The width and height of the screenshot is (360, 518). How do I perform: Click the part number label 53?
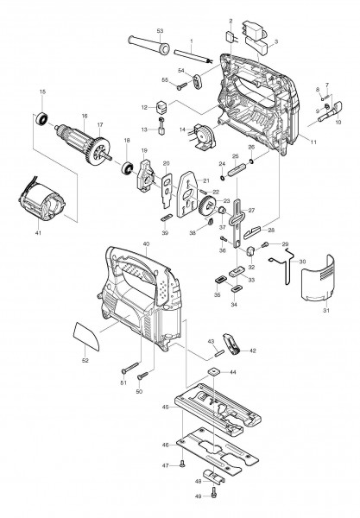[161, 31]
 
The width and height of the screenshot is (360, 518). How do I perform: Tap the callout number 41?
[37, 232]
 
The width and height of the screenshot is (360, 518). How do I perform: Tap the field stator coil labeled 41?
[39, 206]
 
